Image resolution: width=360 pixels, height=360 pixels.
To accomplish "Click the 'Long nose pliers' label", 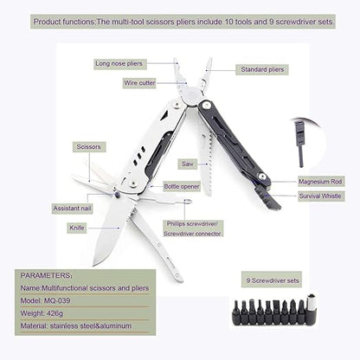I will click(120, 64).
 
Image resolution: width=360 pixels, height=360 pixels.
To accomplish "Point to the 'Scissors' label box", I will click(88, 146).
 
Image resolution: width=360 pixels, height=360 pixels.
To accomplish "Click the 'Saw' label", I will click(187, 163).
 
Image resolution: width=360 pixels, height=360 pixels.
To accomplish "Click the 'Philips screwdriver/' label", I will click(194, 222).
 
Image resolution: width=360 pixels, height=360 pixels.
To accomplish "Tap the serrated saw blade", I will click(206, 147).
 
